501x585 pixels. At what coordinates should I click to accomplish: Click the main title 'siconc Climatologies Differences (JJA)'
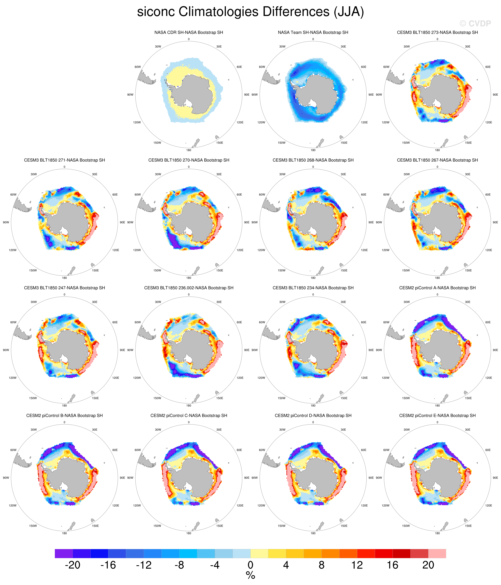250,12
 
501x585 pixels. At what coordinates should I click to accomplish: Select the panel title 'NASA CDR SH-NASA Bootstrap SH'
189,33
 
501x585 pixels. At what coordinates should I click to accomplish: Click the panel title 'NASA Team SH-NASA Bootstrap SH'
313,33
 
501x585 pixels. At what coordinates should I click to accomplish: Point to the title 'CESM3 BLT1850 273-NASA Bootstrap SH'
437,33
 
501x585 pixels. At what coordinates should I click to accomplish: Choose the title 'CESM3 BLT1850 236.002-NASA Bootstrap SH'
189,288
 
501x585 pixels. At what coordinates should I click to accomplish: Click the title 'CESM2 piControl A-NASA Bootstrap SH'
437,288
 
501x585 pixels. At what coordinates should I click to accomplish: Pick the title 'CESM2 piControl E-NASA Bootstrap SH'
437,415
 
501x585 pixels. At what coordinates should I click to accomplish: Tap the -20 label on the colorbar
73,565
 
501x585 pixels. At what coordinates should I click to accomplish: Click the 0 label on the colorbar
250,565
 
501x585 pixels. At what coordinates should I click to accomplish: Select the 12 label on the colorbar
357,565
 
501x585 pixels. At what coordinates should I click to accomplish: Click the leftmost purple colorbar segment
63,553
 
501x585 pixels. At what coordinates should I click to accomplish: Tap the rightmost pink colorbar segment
437,553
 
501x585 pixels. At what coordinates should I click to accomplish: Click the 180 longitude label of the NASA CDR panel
189,150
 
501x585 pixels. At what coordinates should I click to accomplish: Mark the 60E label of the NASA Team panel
364,67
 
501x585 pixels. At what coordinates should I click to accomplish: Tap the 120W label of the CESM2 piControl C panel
137,505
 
